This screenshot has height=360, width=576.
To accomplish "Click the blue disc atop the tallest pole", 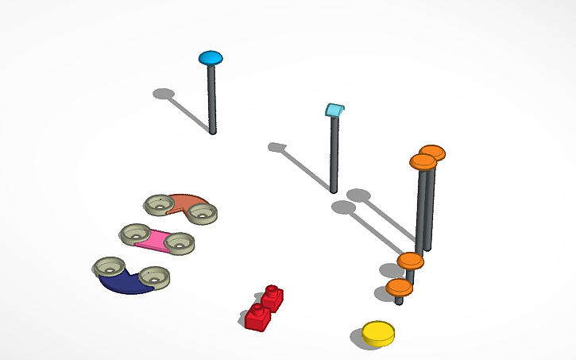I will [211, 57].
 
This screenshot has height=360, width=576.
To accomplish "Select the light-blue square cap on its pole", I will [336, 110].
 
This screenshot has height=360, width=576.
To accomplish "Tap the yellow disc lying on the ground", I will [377, 333].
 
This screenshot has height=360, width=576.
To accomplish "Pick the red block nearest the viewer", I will [257, 316].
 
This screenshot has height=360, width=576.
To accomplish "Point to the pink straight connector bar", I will [155, 239].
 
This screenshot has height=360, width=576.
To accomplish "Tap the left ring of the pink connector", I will [135, 234].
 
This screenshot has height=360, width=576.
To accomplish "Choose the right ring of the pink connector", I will [179, 242].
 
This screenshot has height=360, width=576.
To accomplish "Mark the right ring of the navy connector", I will [153, 277].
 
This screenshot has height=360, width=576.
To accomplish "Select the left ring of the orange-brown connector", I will [160, 204].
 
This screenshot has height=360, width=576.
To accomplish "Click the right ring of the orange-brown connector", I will [202, 212].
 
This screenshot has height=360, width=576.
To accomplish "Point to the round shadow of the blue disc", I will [164, 94].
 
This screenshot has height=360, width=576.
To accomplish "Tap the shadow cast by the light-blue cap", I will [276, 147].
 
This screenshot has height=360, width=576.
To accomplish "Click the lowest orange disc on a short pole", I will [399, 286].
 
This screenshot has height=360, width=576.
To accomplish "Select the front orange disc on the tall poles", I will [423, 162].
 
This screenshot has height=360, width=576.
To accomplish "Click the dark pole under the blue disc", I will [211, 99].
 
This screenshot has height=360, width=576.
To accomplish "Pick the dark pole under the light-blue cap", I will [334, 155].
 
